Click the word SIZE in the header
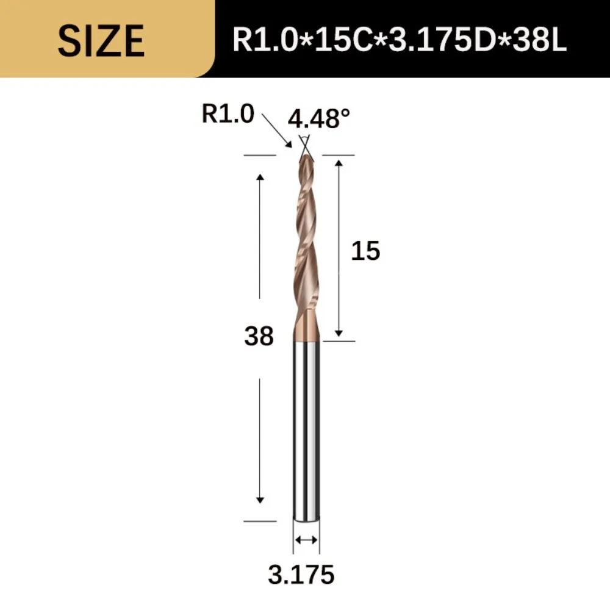click(x=101, y=40)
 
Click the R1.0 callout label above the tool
click(x=228, y=115)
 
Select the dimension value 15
click(x=365, y=251)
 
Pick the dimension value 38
click(x=259, y=336)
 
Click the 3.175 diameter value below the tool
click(x=301, y=574)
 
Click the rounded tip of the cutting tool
click(x=306, y=157)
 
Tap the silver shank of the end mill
click(x=306, y=427)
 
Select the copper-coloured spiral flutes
click(x=306, y=244)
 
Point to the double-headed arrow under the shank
click(x=306, y=539)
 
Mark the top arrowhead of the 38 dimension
click(x=260, y=178)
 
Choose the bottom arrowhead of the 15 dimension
click(x=339, y=332)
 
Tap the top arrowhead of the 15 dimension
click(x=339, y=161)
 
